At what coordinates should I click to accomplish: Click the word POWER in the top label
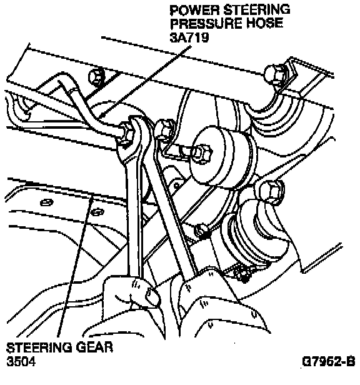tap(195, 10)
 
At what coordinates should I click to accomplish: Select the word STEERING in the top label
tap(257, 10)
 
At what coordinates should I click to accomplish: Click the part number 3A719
tap(189, 37)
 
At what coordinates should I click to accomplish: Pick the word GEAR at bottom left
tap(94, 347)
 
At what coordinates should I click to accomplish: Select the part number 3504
tap(21, 361)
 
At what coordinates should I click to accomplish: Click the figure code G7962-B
tap(329, 362)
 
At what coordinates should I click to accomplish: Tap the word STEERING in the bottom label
tap(39, 347)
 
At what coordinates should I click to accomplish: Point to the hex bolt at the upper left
tap(96, 77)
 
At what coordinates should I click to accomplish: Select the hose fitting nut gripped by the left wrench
tap(127, 134)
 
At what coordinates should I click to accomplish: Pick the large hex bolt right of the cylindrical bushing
tap(270, 192)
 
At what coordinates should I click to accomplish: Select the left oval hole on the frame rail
tap(46, 202)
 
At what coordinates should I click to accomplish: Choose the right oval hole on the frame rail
tap(97, 211)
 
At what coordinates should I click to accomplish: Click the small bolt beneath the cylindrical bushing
tap(201, 231)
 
